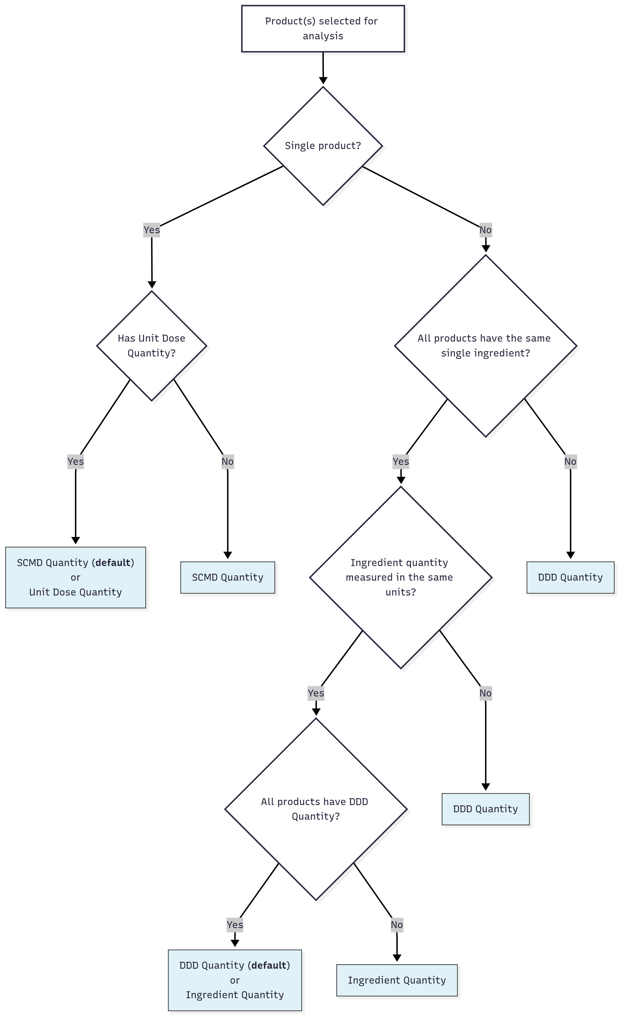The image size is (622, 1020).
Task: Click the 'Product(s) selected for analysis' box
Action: point(323,29)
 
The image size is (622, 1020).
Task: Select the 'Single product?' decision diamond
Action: point(323,146)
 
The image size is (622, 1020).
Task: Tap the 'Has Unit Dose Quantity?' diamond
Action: point(152,346)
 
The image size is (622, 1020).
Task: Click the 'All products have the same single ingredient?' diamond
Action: point(485,346)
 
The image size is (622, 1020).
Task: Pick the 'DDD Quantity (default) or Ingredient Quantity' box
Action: point(234,980)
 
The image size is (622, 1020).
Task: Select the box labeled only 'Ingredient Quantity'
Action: point(397,980)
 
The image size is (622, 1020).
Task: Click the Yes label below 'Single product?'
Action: point(152,230)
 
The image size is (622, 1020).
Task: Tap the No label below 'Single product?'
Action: point(485,230)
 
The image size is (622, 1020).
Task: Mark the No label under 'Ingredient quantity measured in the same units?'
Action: point(485,693)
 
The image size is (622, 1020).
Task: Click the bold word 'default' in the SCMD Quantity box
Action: point(113,563)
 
